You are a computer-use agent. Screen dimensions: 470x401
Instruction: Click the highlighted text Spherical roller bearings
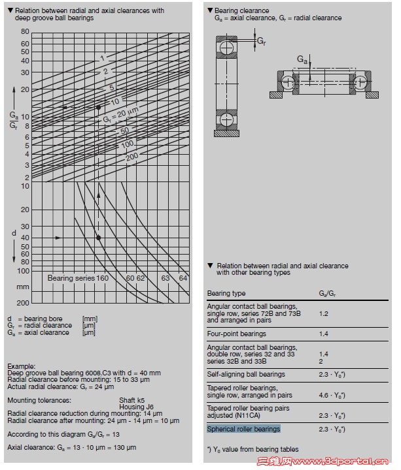[243, 429]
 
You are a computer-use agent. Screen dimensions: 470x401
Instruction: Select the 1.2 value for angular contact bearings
[323, 313]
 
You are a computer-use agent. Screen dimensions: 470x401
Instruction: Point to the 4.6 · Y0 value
[332, 395]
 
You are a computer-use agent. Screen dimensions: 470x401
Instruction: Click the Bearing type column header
[226, 293]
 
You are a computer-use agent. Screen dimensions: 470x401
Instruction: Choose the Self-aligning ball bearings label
[246, 374]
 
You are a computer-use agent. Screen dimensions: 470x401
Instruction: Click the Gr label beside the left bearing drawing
[261, 40]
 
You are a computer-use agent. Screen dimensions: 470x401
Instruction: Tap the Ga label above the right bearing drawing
[302, 59]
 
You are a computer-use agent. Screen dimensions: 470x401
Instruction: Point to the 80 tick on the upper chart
[24, 31]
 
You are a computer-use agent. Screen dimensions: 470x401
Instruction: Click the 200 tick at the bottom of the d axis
[23, 303]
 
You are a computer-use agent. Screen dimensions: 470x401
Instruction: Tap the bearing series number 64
[183, 278]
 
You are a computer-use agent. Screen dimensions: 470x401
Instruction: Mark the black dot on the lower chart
[98, 238]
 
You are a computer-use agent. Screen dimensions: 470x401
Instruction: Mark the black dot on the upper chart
[98, 106]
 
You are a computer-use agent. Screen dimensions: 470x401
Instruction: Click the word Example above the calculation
[22, 367]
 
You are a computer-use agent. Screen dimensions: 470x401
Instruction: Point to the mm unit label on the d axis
[23, 287]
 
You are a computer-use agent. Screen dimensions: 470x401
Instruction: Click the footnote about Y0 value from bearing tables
[253, 449]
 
